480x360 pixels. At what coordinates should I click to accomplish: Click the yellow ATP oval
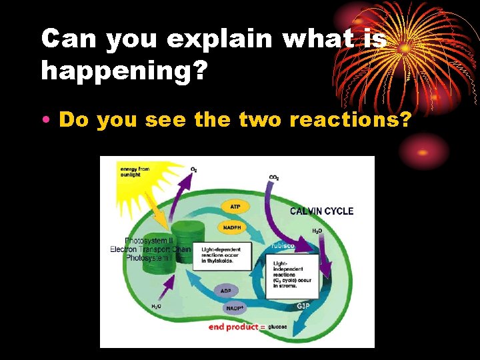pos(235,207)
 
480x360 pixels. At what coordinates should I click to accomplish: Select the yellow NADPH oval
pos(233,227)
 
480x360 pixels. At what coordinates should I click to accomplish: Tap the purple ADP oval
pos(226,291)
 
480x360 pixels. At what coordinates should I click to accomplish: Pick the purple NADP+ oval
pos(235,309)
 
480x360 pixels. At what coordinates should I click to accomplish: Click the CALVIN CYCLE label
pos(321,211)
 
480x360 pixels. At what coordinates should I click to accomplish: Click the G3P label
pos(303,307)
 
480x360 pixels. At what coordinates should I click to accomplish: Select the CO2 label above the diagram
pos(274,178)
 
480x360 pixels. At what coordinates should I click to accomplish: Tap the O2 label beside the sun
pos(194,169)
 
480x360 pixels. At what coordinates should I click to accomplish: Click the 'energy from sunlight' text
pos(135,172)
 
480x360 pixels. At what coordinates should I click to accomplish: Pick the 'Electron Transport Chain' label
pos(150,249)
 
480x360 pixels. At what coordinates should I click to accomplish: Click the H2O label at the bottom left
pos(155,306)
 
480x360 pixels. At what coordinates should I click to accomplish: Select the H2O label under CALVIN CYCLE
pos(317,231)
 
